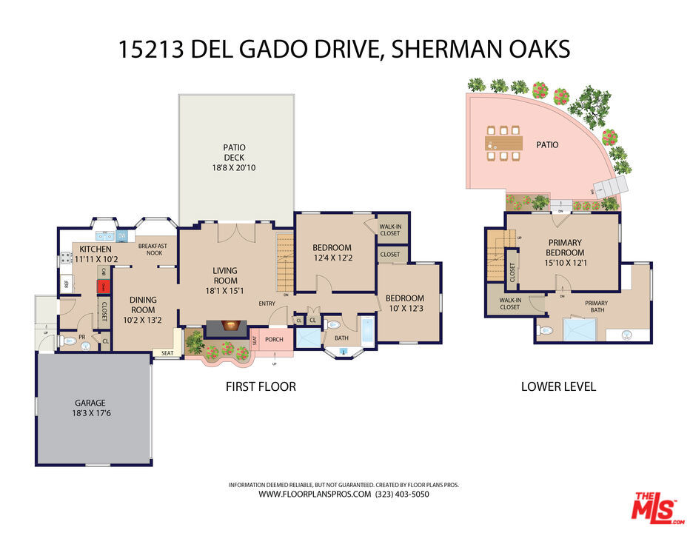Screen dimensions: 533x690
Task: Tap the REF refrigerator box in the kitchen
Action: [x=66, y=284]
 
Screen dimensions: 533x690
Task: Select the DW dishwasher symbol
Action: [x=121, y=236]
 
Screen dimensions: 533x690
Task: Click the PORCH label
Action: [x=275, y=340]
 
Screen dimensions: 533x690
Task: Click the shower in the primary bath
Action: [x=580, y=329]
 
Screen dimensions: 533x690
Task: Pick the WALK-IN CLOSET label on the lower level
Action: [x=509, y=304]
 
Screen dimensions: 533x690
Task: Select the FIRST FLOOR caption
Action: [x=261, y=386]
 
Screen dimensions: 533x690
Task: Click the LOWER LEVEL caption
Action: [x=558, y=386]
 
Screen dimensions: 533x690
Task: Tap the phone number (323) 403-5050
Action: [x=402, y=494]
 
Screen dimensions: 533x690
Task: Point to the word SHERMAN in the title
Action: [x=452, y=49]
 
